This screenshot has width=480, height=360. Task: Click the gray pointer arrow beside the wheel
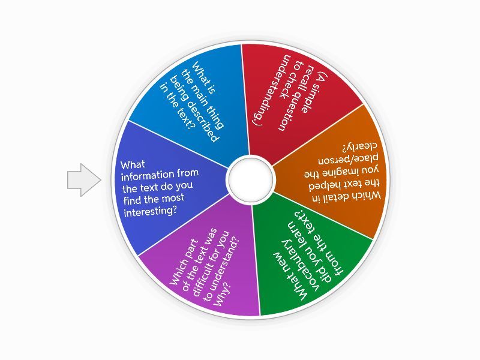tap(84, 180)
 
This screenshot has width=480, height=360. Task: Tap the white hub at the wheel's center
tap(250, 179)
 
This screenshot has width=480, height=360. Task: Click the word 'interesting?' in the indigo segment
tap(150, 212)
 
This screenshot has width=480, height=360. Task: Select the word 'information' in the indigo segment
tap(148, 175)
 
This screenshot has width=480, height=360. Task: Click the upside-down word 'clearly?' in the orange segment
tap(359, 147)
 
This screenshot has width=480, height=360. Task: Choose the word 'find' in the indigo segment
tap(133, 200)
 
